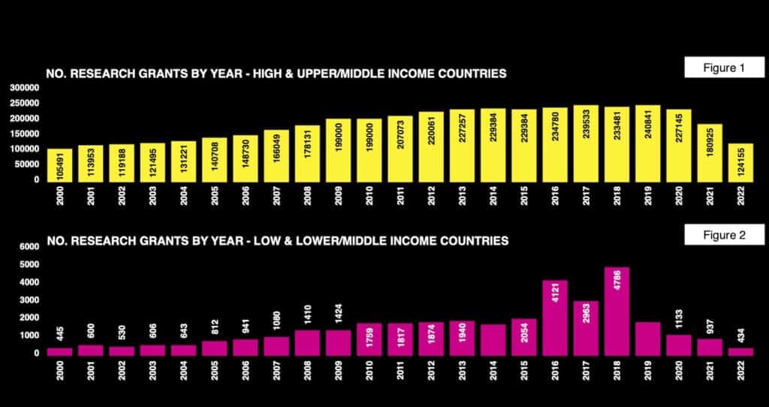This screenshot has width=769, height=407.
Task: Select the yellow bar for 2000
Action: pos(59,164)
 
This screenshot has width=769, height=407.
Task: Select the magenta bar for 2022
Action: pos(740,351)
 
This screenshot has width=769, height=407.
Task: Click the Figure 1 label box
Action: pos(723,68)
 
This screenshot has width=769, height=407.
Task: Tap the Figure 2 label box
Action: pos(723,235)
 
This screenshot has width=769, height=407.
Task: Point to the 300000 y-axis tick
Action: pos(25,87)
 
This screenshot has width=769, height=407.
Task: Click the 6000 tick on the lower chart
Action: pos(29,247)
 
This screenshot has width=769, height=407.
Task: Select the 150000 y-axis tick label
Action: pos(25,134)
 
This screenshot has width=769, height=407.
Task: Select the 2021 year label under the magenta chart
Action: pos(710,372)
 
